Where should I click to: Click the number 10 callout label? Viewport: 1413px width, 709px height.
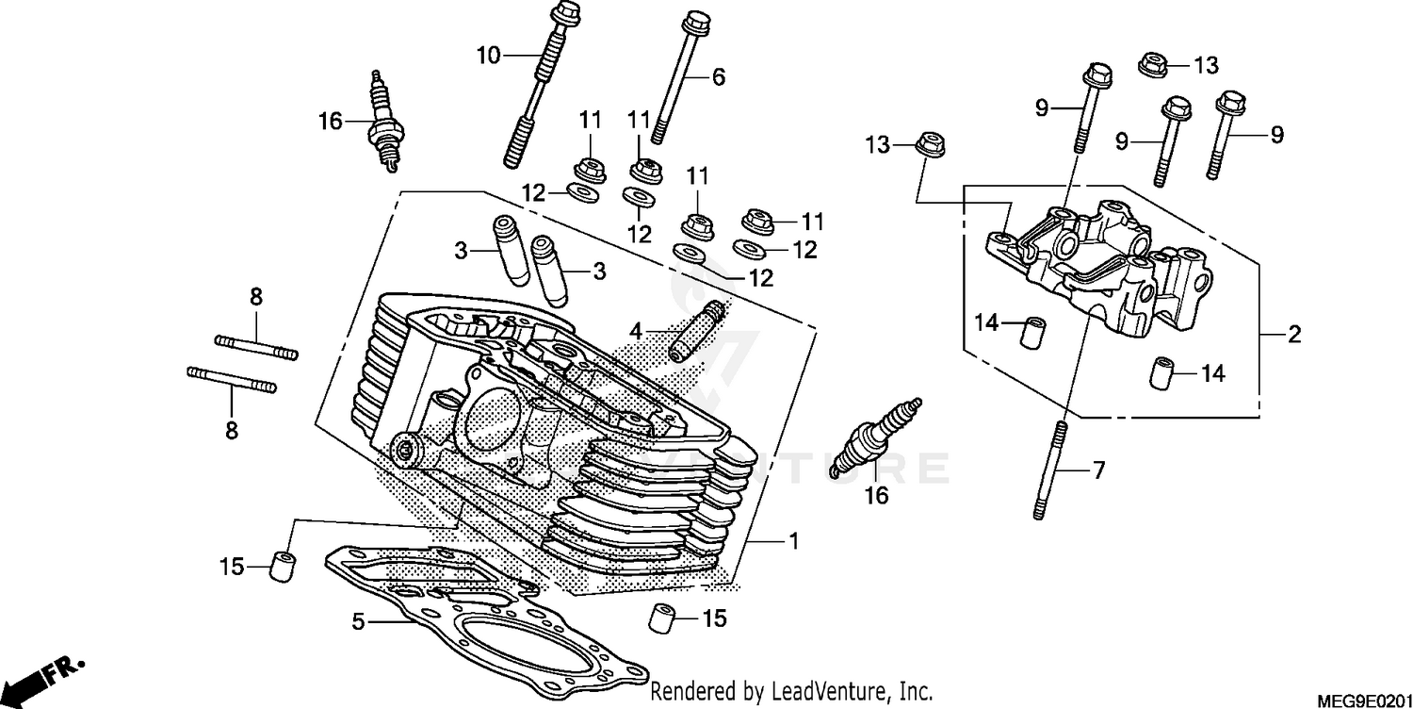click(x=488, y=56)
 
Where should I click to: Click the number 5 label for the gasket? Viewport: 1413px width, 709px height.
click(x=357, y=622)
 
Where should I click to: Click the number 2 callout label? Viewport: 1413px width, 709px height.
click(x=1294, y=334)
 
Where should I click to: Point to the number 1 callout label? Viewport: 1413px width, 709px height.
click(x=793, y=541)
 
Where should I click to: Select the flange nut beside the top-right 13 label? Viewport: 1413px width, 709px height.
click(x=1151, y=64)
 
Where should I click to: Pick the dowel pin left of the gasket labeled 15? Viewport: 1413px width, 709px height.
click(x=283, y=566)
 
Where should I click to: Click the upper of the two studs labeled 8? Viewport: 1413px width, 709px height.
click(x=256, y=346)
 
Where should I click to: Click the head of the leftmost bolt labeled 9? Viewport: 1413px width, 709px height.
click(x=1099, y=74)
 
